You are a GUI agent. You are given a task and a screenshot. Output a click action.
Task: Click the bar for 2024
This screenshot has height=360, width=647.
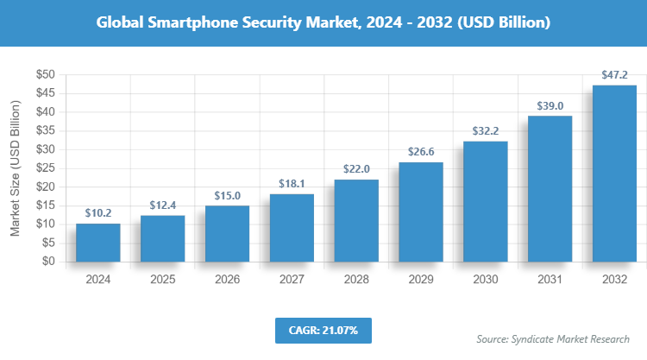pyautogui.click(x=97, y=243)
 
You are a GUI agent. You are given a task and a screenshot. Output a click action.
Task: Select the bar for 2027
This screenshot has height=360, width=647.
pyautogui.click(x=292, y=228)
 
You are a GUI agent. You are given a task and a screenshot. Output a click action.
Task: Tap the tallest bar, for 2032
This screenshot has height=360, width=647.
pyautogui.click(x=614, y=174)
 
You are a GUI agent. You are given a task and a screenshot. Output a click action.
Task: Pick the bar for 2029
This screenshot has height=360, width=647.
pyautogui.click(x=421, y=212)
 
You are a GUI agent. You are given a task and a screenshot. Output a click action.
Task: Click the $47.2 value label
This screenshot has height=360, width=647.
pyautogui.click(x=614, y=75)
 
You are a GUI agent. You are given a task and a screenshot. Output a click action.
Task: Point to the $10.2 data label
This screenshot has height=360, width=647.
pyautogui.click(x=97, y=213)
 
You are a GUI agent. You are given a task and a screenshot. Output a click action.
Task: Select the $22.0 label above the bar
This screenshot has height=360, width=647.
pyautogui.click(x=356, y=169)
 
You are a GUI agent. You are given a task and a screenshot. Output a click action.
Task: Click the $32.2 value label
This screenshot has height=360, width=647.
pyautogui.click(x=486, y=131)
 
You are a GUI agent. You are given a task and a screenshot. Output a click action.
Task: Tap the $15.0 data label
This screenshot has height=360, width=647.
pyautogui.click(x=227, y=195)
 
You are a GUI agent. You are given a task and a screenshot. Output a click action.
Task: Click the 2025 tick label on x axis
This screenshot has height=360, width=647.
pyautogui.click(x=162, y=280)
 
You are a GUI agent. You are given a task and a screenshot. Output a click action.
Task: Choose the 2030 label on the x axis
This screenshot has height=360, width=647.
pyautogui.click(x=486, y=280)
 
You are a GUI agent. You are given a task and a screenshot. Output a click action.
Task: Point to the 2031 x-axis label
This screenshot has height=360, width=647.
pyautogui.click(x=550, y=280)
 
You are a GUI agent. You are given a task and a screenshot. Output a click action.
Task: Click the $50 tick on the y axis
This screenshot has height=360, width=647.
pyautogui.click(x=45, y=74)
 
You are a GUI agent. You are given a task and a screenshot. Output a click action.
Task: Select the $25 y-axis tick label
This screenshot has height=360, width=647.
pyautogui.click(x=45, y=168)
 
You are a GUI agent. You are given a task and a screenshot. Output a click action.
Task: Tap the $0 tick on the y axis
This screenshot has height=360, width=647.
pyautogui.click(x=48, y=262)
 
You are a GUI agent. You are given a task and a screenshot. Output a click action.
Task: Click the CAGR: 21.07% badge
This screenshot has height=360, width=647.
pyautogui.click(x=323, y=330)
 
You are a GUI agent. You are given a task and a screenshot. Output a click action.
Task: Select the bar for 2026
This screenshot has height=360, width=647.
pyautogui.click(x=227, y=233)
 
